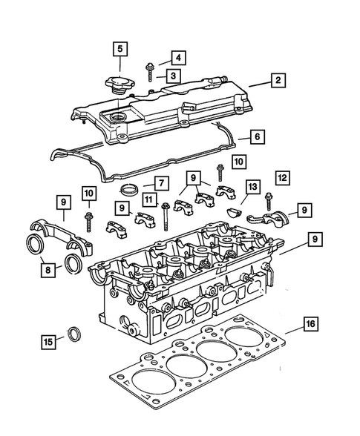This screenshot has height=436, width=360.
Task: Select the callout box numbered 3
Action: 171,75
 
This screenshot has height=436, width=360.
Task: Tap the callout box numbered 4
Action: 177,57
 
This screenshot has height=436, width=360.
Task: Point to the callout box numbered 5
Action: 120,50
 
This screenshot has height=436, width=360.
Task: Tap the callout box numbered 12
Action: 283,178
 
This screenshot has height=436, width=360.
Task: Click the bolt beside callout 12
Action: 267,202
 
